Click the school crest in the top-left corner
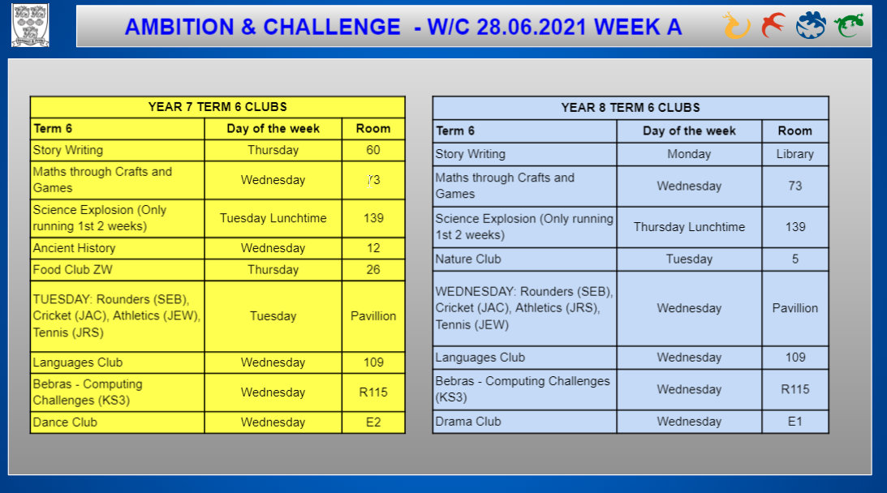click(31, 25)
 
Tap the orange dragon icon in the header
click(736, 25)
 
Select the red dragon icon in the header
click(773, 25)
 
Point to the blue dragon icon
click(811, 25)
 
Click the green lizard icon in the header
click(849, 25)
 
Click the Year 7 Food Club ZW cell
click(117, 270)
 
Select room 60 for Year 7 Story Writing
click(373, 150)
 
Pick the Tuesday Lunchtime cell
click(273, 218)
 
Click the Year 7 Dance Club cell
click(117, 422)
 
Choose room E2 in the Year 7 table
click(373, 422)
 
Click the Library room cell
click(794, 154)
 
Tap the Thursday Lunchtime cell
click(689, 227)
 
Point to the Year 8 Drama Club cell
click(524, 422)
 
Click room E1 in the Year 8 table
click(794, 422)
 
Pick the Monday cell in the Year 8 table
click(689, 154)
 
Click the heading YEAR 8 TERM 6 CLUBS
click(631, 107)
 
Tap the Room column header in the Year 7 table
click(373, 129)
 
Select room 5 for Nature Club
click(794, 259)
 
